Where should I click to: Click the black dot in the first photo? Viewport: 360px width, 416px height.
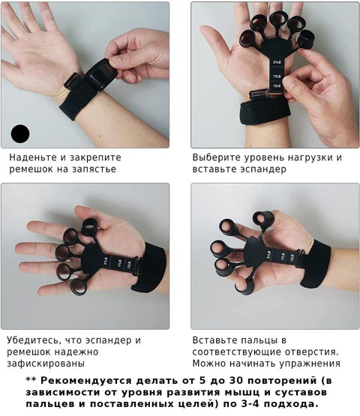(x=20, y=133)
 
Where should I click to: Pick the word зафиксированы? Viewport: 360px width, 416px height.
(x=46, y=364)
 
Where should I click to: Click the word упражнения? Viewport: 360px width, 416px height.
(x=310, y=364)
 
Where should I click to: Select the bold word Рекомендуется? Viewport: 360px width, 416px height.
(x=86, y=381)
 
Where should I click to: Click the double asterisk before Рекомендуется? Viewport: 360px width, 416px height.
(x=31, y=379)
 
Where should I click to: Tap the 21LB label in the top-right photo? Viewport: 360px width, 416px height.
(x=277, y=62)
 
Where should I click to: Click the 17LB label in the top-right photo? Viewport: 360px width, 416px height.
(x=277, y=76)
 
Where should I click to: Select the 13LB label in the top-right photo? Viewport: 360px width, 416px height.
(x=277, y=86)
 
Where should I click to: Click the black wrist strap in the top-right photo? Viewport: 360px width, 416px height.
(x=264, y=112)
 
